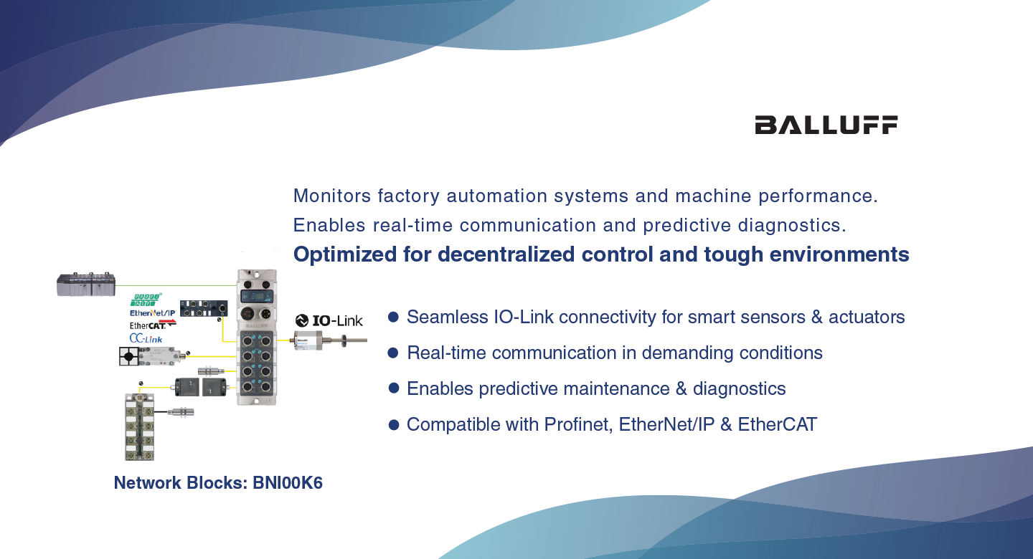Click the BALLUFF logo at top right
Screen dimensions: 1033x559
click(826, 125)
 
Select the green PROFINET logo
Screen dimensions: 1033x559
click(146, 300)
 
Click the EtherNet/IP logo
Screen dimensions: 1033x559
click(153, 313)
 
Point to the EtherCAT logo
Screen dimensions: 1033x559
click(153, 325)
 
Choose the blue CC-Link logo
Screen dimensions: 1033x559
click(146, 339)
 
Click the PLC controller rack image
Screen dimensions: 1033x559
click(86, 284)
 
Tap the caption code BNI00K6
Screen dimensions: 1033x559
click(288, 483)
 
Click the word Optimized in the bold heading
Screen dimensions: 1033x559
click(345, 255)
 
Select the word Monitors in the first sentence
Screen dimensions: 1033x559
click(332, 196)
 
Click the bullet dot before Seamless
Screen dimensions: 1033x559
click(393, 317)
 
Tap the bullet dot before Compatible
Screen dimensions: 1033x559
click(393, 424)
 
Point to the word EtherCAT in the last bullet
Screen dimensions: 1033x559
click(778, 424)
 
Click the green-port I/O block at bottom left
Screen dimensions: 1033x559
click(139, 426)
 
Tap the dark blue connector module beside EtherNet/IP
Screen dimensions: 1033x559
click(204, 308)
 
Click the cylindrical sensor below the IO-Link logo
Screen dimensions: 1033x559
click(330, 341)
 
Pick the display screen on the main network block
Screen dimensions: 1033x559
click(257, 297)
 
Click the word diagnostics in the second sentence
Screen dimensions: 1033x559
click(792, 226)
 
